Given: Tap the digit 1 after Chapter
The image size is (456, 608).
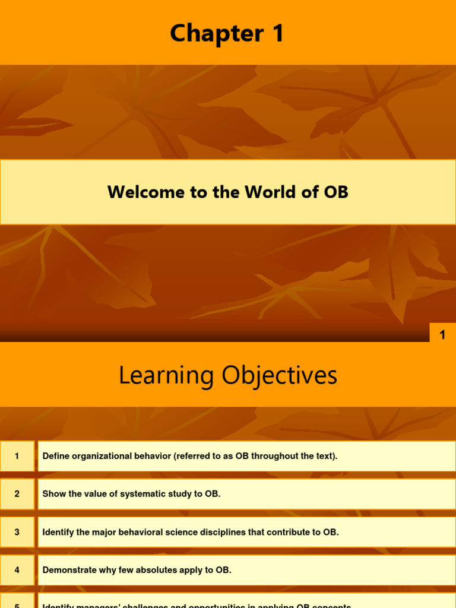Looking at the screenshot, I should tap(277, 34).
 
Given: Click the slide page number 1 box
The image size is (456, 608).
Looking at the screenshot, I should tap(442, 335).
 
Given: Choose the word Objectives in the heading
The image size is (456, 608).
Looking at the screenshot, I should tap(280, 375).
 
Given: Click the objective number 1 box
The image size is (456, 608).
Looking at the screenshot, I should tap(17, 456).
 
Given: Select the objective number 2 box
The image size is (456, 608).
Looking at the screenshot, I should tap(17, 494).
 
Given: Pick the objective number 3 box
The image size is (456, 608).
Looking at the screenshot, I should tap(17, 532).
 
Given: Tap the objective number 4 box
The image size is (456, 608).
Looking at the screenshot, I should tap(17, 570).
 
